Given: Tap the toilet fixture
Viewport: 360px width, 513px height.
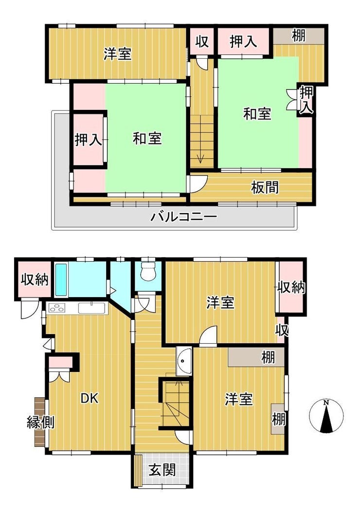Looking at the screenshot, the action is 148,271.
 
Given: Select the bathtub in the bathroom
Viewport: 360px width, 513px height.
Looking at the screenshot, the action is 61,280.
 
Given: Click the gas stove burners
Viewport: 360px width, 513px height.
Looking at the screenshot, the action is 57,308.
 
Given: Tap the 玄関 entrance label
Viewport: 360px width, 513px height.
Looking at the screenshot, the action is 162,470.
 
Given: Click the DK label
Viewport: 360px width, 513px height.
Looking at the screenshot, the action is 90,398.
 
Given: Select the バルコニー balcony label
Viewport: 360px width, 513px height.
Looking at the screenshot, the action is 183,217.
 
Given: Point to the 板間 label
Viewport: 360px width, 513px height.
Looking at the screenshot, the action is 265,188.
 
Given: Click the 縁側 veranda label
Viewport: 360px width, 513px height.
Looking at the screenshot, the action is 40,423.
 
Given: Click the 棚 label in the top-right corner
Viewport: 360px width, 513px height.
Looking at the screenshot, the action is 299,35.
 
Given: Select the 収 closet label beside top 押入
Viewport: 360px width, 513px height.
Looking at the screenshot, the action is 202,41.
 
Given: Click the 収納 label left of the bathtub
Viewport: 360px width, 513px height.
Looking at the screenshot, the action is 35,280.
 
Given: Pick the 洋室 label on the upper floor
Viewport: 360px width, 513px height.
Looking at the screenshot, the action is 118,54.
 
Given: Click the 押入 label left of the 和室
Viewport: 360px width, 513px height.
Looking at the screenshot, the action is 88,140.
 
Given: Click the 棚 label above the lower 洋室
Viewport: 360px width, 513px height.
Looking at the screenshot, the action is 268,357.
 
